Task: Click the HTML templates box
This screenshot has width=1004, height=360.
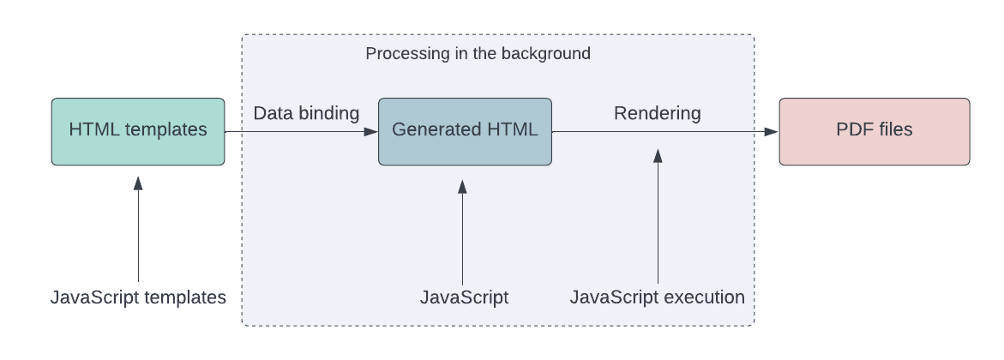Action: (x=138, y=131)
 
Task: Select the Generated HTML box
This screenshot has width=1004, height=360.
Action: (x=465, y=131)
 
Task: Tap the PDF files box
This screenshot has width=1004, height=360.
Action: (x=874, y=131)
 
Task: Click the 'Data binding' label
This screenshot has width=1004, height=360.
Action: (x=306, y=113)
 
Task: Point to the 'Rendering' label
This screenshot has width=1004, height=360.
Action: (x=657, y=113)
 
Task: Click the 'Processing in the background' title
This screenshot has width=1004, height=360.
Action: (x=478, y=53)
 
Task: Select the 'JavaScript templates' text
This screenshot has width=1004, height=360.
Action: (x=138, y=297)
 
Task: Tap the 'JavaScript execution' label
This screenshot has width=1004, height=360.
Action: (x=657, y=297)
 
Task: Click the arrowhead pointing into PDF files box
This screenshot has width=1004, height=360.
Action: (x=771, y=131)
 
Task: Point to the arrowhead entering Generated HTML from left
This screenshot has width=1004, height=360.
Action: (x=370, y=131)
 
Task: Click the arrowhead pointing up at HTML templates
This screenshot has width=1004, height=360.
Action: (x=138, y=182)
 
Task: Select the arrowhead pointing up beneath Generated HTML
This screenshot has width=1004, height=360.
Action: (x=462, y=187)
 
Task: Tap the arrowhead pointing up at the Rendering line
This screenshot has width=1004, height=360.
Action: (x=658, y=155)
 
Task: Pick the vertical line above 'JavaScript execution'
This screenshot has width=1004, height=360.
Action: (x=658, y=223)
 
